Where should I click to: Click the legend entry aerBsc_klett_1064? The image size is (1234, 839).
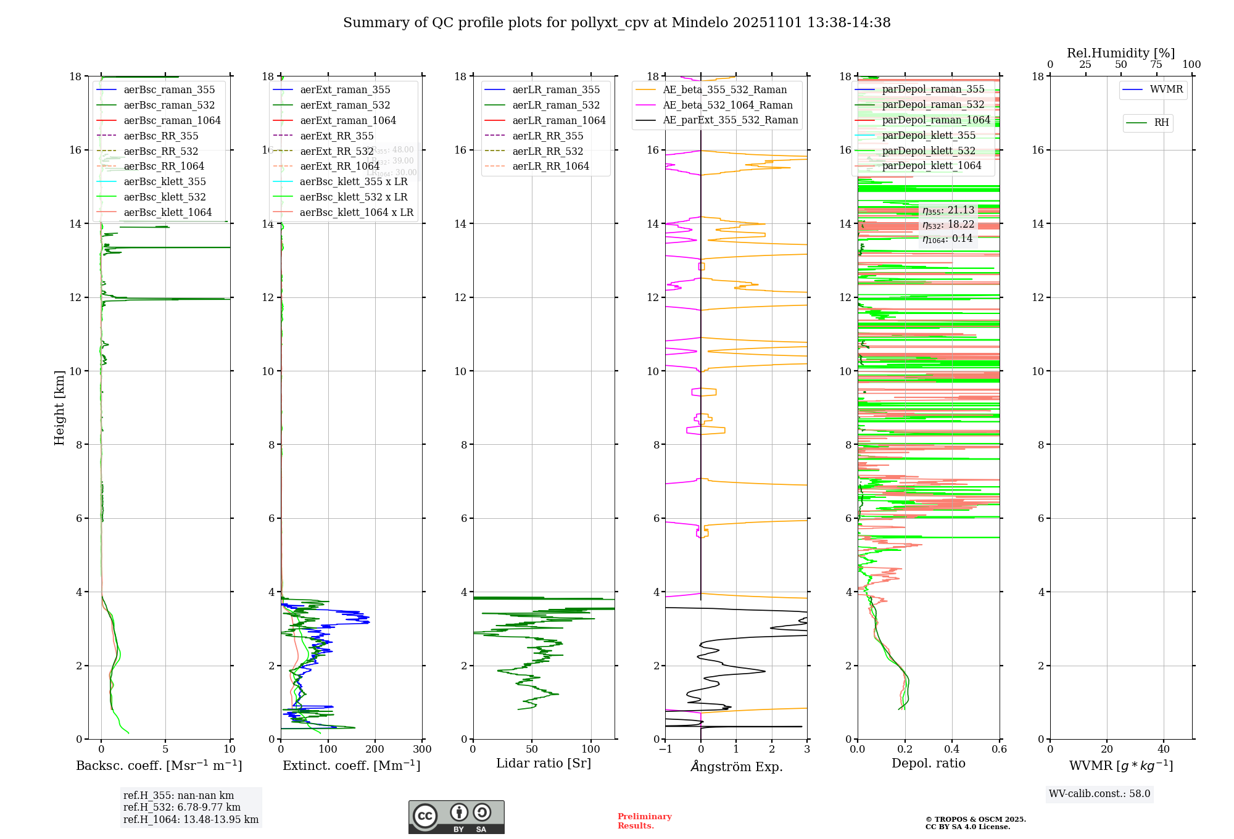[167, 212]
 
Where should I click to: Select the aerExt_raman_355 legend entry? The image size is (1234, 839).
[345, 90]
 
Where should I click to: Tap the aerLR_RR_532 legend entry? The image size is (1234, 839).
[547, 151]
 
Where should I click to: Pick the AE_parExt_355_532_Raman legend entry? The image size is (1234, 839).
[730, 120]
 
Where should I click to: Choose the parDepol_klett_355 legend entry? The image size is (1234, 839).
[929, 135]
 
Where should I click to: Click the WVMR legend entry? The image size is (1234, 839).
[1166, 89]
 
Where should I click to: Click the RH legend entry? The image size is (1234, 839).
[1161, 123]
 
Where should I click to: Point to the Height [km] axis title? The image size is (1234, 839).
[59, 408]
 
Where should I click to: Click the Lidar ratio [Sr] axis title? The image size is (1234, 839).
[544, 763]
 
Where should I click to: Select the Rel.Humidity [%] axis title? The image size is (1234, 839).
[1120, 53]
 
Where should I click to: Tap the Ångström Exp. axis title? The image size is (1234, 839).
[736, 766]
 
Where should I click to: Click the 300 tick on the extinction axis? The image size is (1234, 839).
[423, 749]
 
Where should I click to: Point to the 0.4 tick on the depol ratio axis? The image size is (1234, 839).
[952, 749]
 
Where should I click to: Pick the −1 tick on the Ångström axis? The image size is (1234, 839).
[665, 749]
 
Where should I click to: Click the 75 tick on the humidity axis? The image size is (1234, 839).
[1156, 65]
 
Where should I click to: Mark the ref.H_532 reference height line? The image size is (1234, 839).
[181, 807]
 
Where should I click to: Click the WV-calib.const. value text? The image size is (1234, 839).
[1099, 793]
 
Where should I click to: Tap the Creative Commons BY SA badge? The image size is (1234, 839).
[456, 817]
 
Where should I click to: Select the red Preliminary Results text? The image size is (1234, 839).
[644, 821]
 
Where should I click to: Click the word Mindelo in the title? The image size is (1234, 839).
[700, 23]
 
